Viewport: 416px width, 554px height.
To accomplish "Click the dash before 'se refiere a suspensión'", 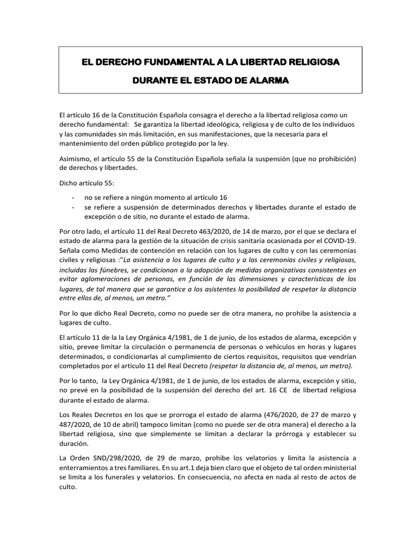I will [73, 208].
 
